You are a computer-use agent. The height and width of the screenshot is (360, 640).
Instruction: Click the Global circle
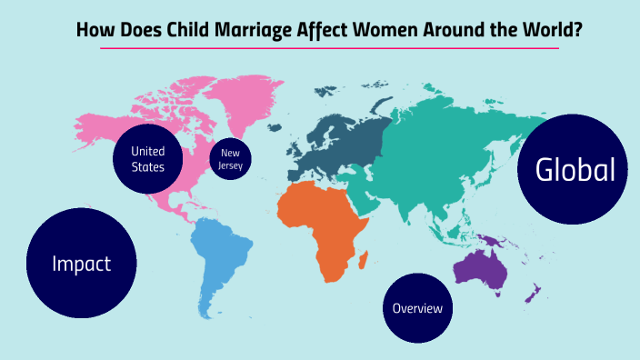point(573,170)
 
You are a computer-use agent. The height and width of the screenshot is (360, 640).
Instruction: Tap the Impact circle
point(82,265)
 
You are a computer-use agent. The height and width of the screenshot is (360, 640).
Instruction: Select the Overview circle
point(418,308)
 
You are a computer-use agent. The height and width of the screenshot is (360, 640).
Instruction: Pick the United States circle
point(148,159)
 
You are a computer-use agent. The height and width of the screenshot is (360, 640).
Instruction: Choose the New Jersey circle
point(230,159)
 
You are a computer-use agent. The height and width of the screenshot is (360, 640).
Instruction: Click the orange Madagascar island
point(364,263)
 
